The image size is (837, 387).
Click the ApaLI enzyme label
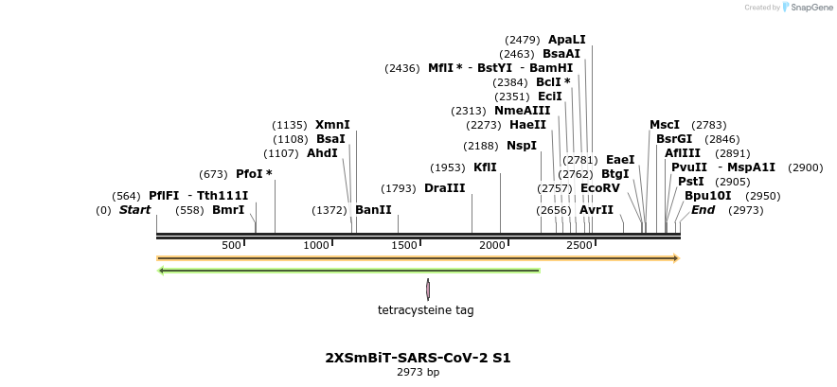566,40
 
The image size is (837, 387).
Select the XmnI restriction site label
332,125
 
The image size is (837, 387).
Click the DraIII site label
444,188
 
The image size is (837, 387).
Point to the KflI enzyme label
485,167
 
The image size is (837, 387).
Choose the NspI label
521,146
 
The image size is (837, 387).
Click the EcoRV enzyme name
599,188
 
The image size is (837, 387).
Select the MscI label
664,125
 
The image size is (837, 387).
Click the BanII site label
373,210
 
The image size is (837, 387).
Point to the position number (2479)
523,40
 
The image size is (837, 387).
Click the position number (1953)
448,167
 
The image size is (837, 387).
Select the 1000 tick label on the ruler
316,245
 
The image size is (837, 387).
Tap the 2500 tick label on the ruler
579,245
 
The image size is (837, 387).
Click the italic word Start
134,210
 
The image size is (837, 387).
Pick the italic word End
703,210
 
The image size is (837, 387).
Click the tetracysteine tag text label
426,309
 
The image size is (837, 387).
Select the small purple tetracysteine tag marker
428,289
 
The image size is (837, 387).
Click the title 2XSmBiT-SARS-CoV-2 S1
418,358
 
